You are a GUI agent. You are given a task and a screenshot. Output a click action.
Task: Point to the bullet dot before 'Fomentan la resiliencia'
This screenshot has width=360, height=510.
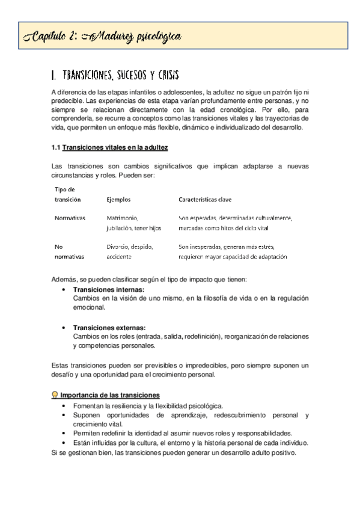pyautogui.click(x=65, y=406)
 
